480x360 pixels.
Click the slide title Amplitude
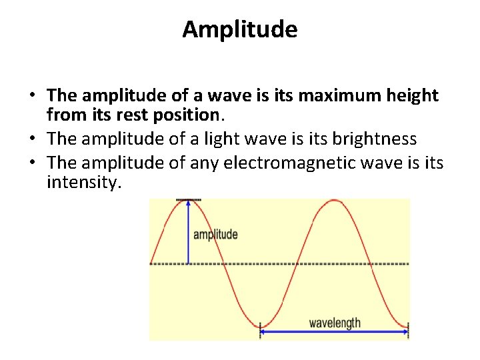[x=240, y=29]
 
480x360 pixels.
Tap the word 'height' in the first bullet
[x=409, y=96]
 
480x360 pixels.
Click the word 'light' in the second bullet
[x=217, y=139]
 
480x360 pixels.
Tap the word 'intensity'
[x=83, y=182]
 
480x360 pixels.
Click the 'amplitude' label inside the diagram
[x=215, y=235]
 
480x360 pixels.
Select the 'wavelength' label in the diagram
[x=334, y=323]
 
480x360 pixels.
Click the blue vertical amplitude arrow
[x=189, y=233]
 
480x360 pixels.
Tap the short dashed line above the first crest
[x=189, y=199]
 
